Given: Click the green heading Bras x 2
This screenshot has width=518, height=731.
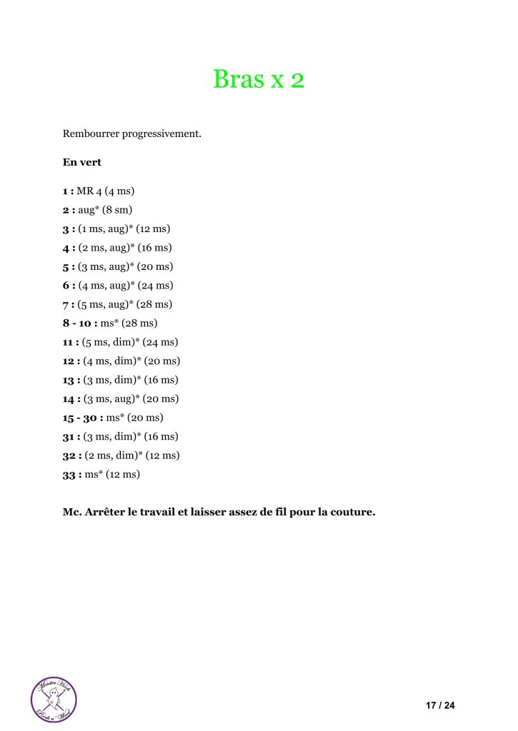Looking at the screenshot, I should pyautogui.click(x=259, y=79).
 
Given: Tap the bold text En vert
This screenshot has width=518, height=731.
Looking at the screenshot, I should pyautogui.click(x=82, y=162).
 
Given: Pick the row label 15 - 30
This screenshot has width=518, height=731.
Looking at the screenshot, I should pyautogui.click(x=82, y=418).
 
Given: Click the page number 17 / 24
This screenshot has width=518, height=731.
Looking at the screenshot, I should pyautogui.click(x=440, y=706).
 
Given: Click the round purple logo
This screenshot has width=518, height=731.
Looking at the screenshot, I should pyautogui.click(x=54, y=699).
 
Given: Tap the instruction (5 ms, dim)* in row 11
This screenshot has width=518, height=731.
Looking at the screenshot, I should pyautogui.click(x=111, y=342).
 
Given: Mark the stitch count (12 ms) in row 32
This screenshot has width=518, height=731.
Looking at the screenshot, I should pyautogui.click(x=161, y=455).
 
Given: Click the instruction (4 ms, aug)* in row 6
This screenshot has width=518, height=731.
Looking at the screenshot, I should pyautogui.click(x=109, y=286).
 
